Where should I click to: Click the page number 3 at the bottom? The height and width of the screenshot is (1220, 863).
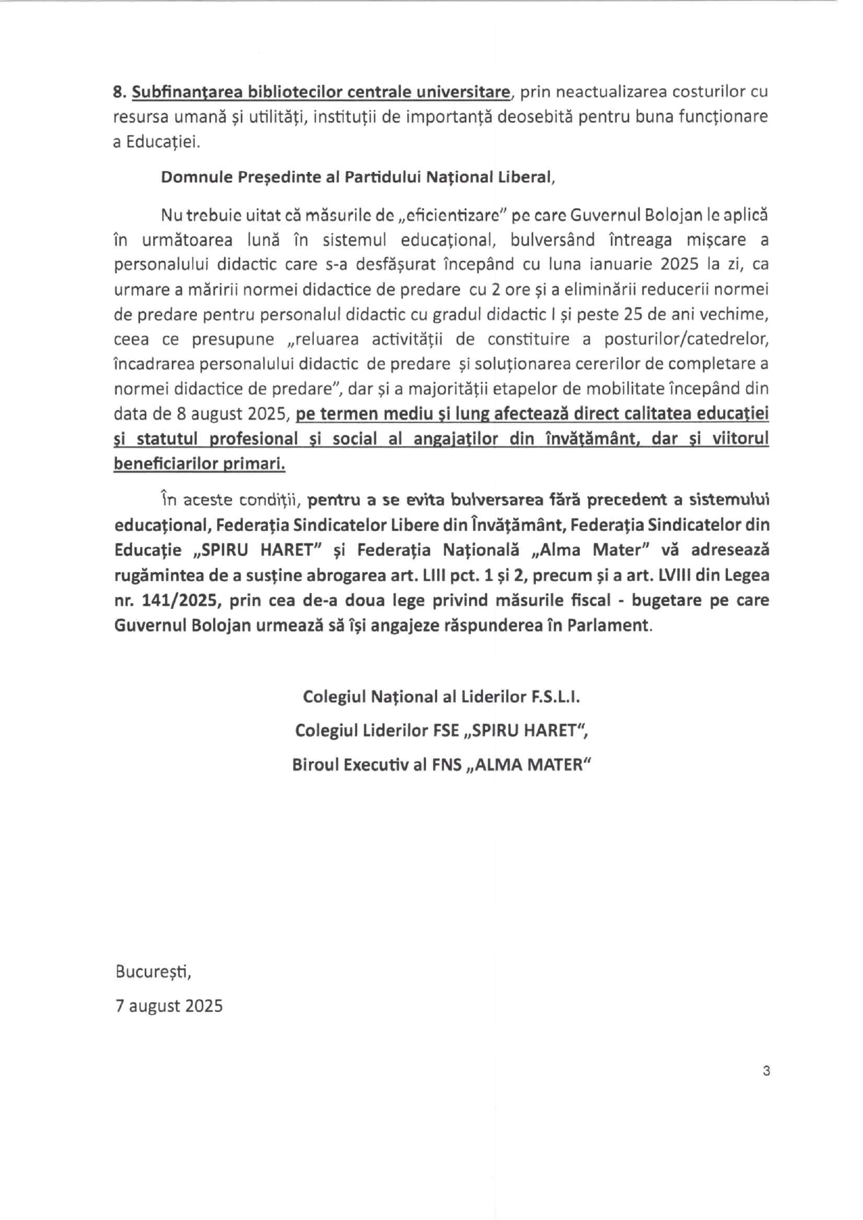tap(766, 1071)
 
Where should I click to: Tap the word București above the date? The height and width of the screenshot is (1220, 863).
tap(153, 972)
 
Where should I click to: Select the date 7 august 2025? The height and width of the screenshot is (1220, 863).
tap(169, 1006)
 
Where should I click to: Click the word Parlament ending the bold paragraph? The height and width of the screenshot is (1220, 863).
tap(609, 625)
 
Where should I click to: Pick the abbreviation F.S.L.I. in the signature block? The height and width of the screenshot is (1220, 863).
tap(554, 697)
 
